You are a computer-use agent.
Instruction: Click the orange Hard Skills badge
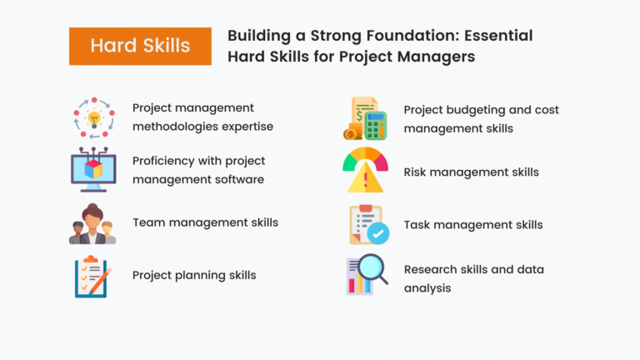[x=140, y=45]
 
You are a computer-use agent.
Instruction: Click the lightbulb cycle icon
[x=92, y=118]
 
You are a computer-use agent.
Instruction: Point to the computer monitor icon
[x=92, y=169]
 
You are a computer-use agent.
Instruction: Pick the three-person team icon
[x=92, y=223]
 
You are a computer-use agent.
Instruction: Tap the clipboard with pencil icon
[x=92, y=276]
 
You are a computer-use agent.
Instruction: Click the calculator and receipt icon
[x=365, y=118]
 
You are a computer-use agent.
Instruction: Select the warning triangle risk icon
[x=365, y=171]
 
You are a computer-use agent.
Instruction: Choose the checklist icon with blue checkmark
[x=365, y=224]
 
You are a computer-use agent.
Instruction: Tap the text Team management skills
[x=205, y=222]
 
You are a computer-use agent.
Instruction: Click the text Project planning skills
[x=194, y=275]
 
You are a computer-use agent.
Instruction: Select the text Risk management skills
[x=471, y=172]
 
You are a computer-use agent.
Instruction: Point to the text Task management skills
[x=472, y=224]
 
